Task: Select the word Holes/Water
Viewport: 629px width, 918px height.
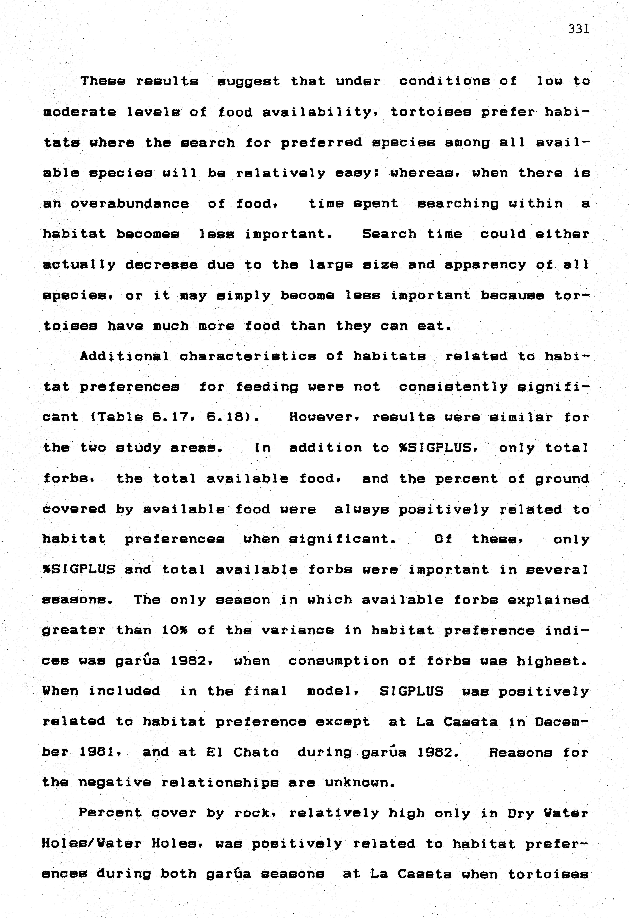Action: pyautogui.click(x=92, y=844)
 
